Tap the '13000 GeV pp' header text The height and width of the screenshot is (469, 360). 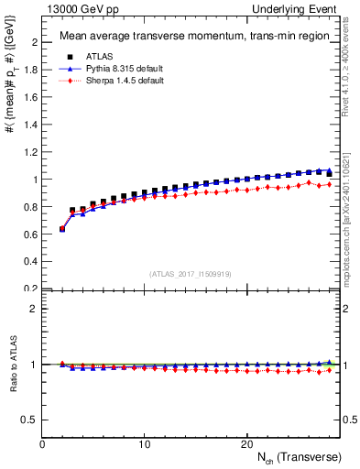(75, 9)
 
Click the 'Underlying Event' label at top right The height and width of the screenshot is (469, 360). (303, 9)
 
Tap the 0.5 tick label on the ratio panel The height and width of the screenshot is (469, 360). (30, 420)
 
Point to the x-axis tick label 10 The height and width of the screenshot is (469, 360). (144, 444)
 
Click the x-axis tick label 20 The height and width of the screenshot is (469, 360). (246, 444)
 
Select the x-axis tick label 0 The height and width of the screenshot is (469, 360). (42, 444)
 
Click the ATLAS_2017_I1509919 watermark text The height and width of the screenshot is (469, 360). (190, 273)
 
